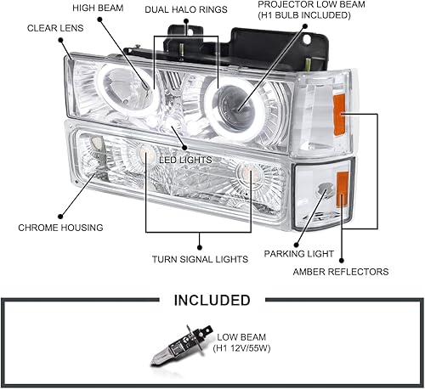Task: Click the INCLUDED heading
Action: (x=212, y=300)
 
